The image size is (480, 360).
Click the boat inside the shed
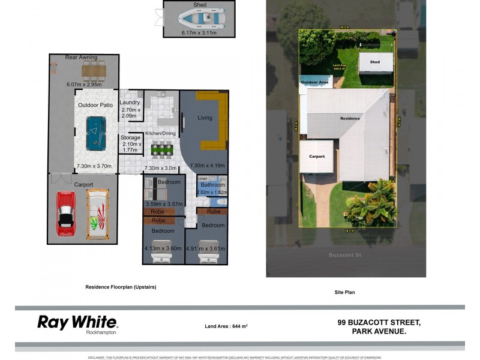point(199,19)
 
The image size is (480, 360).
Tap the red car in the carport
point(66,213)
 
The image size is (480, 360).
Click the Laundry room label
point(131,103)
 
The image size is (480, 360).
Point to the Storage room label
point(130,137)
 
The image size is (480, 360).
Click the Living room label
point(205,118)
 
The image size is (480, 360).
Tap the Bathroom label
point(212,185)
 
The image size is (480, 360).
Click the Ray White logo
point(77,323)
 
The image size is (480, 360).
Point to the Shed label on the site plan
point(375,62)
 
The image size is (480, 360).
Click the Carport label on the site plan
point(317,157)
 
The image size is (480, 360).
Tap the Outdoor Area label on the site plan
point(314,82)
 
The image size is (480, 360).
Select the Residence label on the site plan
point(350,118)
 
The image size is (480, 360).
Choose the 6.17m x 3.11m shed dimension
point(199,33)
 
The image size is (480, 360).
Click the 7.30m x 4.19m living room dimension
point(207,166)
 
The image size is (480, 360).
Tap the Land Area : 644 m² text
point(226,326)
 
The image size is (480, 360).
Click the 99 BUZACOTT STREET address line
point(379,322)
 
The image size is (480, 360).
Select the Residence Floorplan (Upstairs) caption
point(121,287)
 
